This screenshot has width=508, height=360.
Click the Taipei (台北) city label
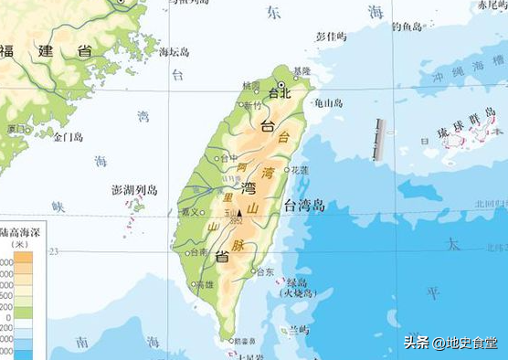[x=280, y=93]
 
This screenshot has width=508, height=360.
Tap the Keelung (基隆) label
[x=302, y=71]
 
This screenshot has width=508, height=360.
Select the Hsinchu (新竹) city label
[x=251, y=105]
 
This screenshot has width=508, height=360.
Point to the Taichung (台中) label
[x=228, y=158]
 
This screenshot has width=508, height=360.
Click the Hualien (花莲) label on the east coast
[x=301, y=170]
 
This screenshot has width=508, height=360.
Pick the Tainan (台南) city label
[x=197, y=252]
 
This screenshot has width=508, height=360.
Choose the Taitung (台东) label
[x=265, y=272]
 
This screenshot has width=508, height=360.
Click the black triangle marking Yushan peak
[x=240, y=213]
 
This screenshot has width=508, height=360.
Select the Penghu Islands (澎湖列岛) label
[x=134, y=190]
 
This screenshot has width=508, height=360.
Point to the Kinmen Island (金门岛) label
[x=68, y=137]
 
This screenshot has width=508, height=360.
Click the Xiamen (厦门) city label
[x=16, y=129]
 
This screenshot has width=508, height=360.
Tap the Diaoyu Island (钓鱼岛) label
[x=407, y=27]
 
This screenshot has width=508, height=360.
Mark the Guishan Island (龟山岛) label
[x=327, y=103]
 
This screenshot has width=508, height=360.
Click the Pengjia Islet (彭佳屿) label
[x=331, y=37]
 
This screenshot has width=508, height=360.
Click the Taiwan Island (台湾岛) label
[x=304, y=205]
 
